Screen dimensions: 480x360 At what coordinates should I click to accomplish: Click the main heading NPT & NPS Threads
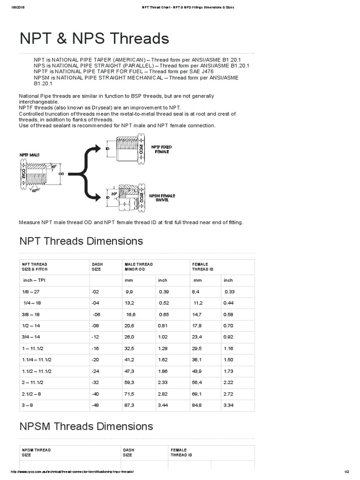(94, 38)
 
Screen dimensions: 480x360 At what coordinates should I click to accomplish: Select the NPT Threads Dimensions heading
(81, 241)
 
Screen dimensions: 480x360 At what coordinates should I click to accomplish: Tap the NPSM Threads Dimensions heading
(86, 427)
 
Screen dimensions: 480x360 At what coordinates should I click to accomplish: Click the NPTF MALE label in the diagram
(30, 155)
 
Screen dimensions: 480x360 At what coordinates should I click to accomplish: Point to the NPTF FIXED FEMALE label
(162, 149)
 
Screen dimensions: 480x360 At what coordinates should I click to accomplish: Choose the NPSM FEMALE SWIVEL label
(162, 198)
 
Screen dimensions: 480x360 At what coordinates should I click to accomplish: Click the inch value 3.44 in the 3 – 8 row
(163, 403)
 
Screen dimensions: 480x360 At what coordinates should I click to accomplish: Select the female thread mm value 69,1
(198, 392)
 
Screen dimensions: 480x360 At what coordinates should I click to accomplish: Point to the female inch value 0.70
(229, 325)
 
